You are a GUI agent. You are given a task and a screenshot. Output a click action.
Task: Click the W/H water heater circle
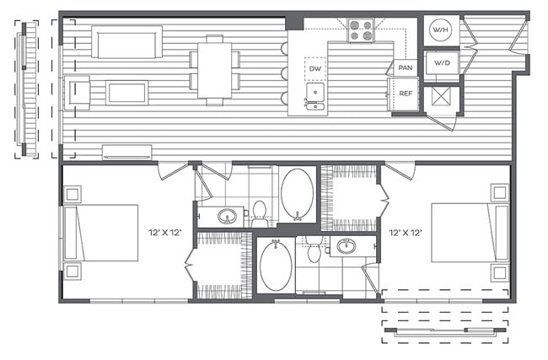[440, 31]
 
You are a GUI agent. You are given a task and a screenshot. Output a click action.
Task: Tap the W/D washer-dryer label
[441, 64]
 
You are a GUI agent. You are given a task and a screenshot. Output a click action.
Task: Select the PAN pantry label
[406, 67]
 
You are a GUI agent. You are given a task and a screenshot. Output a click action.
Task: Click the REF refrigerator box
[406, 94]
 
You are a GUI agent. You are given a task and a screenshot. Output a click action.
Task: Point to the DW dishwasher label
[315, 68]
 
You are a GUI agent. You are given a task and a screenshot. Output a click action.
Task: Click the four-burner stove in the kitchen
[361, 31]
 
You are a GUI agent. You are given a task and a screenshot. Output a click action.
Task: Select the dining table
[214, 70]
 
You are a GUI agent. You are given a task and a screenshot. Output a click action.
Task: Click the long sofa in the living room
[127, 41]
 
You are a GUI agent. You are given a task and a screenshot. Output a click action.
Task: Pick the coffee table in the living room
[126, 92]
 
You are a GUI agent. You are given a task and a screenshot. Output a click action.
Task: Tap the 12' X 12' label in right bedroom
[406, 231]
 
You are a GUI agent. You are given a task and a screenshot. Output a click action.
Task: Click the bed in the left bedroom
[101, 232]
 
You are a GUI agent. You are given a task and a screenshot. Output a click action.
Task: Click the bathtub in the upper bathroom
[296, 193]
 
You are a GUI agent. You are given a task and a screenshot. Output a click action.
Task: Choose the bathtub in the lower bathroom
[275, 266]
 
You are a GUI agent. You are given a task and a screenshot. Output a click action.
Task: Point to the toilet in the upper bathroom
[260, 211]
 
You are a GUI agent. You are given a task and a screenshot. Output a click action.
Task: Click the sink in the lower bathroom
[346, 247]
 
